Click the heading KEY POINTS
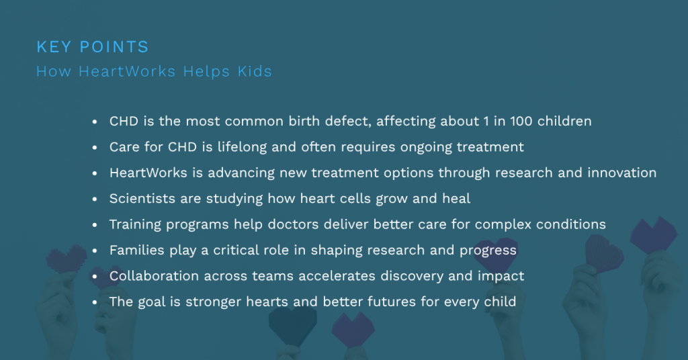(x=92, y=47)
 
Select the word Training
(x=135, y=224)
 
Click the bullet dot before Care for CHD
(x=96, y=148)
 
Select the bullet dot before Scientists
(x=96, y=199)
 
